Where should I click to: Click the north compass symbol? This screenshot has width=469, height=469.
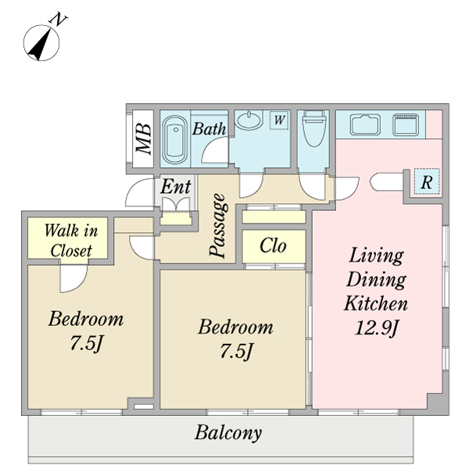[41, 43]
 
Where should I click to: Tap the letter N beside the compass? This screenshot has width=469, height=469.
[58, 20]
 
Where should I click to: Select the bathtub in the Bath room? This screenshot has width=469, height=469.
[174, 139]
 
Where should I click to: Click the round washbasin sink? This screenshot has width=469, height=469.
[250, 120]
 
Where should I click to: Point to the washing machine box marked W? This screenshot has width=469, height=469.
[279, 120]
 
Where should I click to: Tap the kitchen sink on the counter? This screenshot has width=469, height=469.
[365, 124]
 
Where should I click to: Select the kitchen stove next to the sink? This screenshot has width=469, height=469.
[405, 124]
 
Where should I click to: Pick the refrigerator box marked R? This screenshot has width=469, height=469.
[427, 181]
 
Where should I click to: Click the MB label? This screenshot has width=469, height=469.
[143, 138]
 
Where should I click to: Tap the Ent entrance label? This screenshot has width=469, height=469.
[176, 187]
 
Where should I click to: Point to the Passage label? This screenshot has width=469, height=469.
[218, 225]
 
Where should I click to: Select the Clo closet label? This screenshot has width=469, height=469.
[273, 246]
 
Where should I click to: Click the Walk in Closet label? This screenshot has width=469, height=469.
[71, 241]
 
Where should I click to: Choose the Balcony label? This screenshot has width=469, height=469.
[228, 433]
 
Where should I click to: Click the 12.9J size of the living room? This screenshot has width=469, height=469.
[377, 328]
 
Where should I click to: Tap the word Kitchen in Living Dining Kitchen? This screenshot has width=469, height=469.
[376, 303]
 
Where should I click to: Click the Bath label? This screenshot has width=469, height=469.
[209, 129]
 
